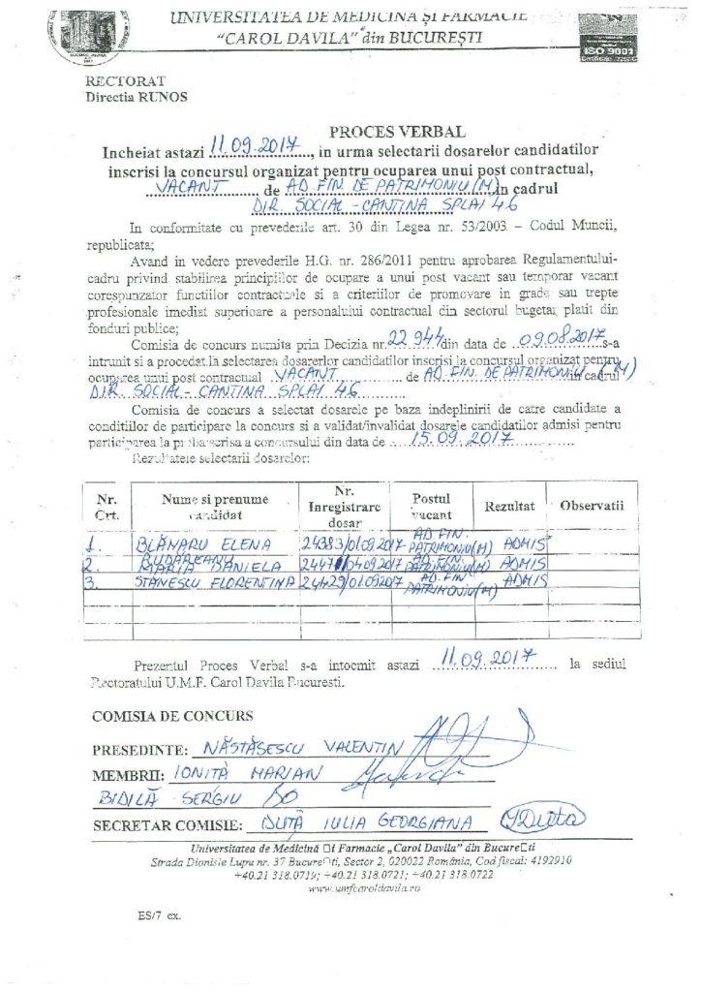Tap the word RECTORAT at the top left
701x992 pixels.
125,81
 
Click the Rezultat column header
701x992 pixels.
509,507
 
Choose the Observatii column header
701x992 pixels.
592,506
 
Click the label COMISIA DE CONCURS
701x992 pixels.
172,717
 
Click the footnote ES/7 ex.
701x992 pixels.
159,915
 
